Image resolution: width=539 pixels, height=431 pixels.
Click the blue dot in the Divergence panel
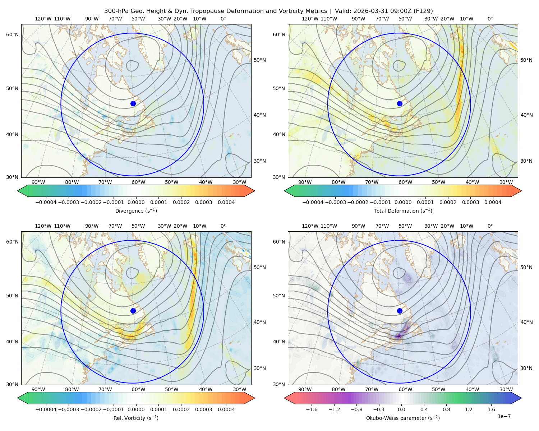[x=133, y=104]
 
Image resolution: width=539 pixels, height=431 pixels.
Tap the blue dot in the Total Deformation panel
[x=400, y=104]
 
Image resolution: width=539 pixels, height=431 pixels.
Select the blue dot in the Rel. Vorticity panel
[x=133, y=311]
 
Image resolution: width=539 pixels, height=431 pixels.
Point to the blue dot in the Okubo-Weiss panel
[x=400, y=311]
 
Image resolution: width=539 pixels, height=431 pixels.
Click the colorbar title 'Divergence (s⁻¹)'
[x=136, y=210]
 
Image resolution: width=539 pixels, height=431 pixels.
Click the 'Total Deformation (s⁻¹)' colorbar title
[x=403, y=210]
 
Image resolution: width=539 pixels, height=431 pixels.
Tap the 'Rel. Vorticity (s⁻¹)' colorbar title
[x=136, y=418]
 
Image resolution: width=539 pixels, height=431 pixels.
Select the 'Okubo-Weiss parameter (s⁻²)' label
[x=403, y=418]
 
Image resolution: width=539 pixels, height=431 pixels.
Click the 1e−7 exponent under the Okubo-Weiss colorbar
[x=504, y=416]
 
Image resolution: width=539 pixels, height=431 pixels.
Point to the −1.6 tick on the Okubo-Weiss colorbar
[x=312, y=409]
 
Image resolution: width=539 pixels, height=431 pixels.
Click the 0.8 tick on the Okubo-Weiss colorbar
[x=446, y=409]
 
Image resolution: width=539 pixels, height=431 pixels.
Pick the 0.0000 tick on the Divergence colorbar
[x=136, y=202]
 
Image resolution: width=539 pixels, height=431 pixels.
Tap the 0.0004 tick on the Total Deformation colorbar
[x=493, y=202]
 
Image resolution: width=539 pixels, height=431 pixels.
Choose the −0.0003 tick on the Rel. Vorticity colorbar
[x=68, y=409]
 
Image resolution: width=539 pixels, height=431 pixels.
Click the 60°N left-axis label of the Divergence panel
[x=12, y=34]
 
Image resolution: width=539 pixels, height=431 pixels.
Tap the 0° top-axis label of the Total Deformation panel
[x=490, y=19]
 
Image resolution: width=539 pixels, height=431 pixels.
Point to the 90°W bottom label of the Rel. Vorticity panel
[x=38, y=389]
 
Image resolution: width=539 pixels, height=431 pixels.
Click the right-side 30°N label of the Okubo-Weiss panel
[x=526, y=368]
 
